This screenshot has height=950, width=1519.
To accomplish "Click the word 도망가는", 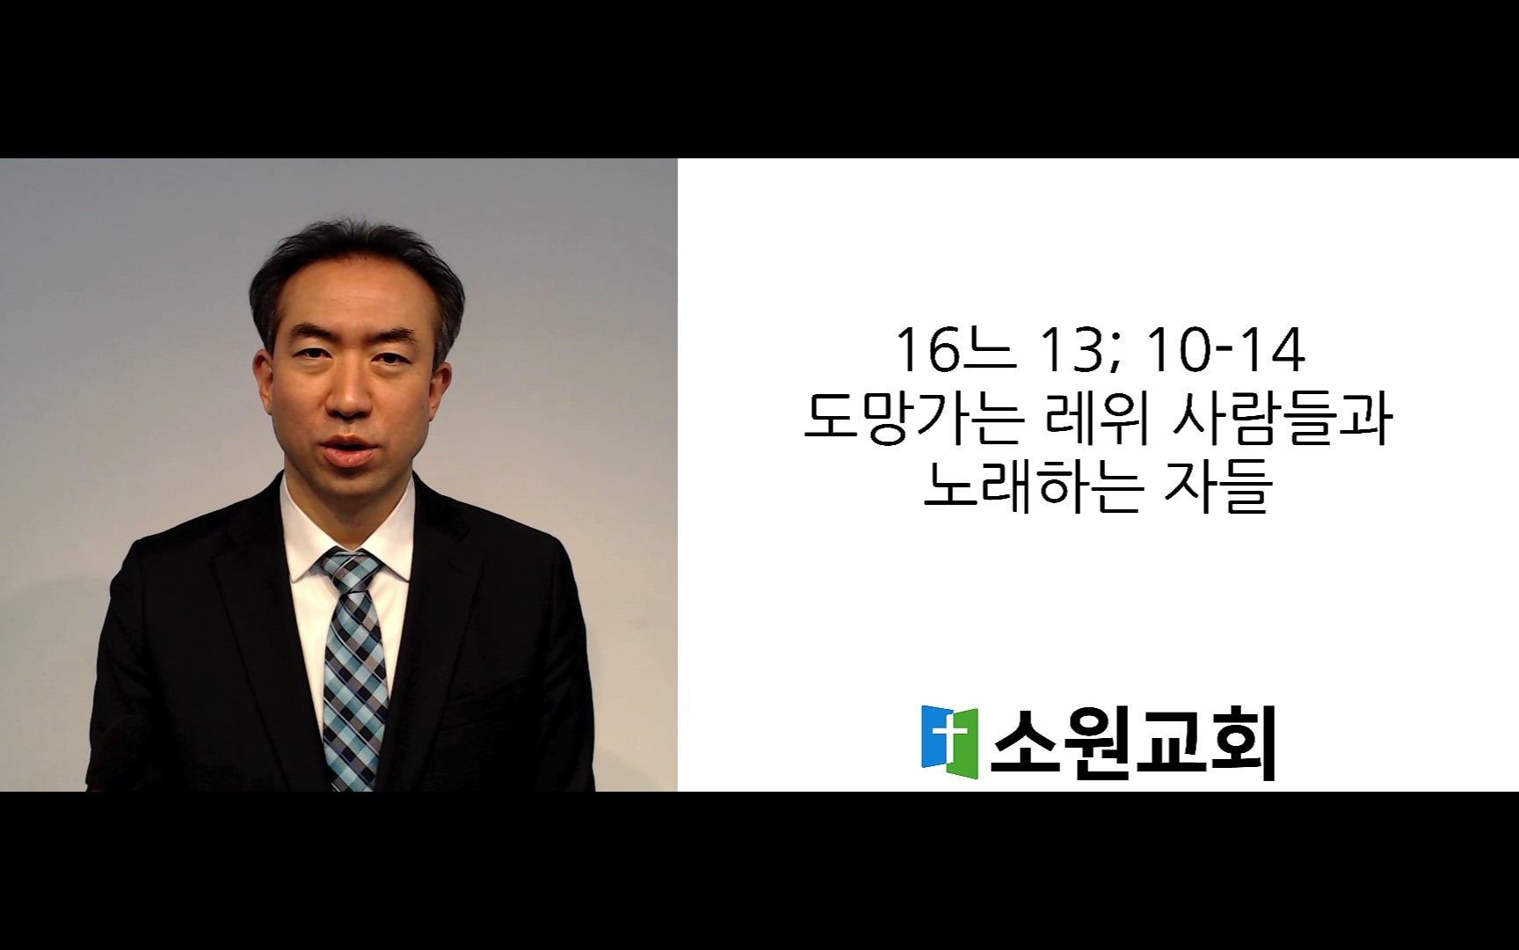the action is pyautogui.click(x=914, y=420).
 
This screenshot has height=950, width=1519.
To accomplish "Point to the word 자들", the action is pyautogui.click(x=1217, y=487).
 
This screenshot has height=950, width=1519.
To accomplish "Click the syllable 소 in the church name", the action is pyautogui.click(x=1024, y=744).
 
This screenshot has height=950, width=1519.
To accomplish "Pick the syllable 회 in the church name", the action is pyautogui.click(x=1242, y=744).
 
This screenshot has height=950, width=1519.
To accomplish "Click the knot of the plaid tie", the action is pyautogui.click(x=352, y=569).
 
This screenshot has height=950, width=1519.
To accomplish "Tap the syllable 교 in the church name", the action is pyautogui.click(x=1170, y=744).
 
